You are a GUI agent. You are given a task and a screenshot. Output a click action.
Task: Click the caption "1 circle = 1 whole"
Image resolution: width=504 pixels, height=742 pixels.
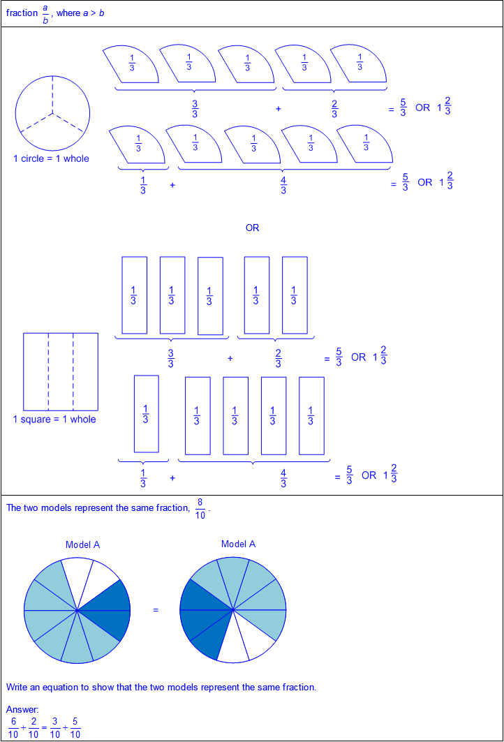51,158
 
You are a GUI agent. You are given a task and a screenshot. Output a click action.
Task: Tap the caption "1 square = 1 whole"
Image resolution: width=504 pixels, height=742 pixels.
54,420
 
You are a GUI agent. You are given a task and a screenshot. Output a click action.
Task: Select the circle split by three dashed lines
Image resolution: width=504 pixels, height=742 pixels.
52,113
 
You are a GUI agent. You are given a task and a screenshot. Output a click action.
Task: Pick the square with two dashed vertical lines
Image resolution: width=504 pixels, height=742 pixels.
61,372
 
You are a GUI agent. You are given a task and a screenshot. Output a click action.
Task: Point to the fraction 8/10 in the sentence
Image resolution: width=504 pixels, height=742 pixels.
200,509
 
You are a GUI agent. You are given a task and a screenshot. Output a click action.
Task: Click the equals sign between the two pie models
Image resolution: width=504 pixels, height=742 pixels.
156,610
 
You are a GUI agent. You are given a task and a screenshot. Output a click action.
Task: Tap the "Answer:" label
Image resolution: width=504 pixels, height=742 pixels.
23,709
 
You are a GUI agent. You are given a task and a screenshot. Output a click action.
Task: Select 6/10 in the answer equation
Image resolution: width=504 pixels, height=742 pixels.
13,728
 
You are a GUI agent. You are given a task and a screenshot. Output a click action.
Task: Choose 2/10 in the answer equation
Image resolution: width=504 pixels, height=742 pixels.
34,728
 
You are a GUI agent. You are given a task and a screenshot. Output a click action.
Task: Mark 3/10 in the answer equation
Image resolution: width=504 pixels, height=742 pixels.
55,728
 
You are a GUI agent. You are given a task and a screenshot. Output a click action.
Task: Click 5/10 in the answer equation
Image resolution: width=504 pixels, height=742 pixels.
75,728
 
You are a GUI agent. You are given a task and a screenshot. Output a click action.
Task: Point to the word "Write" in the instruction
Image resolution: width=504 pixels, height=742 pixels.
17,687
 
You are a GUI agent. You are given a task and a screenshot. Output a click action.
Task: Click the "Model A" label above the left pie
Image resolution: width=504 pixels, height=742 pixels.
83,544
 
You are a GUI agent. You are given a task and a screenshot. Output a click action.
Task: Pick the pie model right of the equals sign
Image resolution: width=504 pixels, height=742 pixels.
233,610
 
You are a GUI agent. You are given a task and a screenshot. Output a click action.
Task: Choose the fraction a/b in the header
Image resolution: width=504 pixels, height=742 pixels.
45,14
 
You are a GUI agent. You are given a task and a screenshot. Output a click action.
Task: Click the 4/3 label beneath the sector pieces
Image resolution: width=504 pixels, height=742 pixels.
283,186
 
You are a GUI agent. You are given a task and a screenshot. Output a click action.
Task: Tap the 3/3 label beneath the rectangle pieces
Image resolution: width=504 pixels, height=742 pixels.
171,358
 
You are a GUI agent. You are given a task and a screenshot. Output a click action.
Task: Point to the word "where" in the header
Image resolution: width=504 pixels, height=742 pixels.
68,13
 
